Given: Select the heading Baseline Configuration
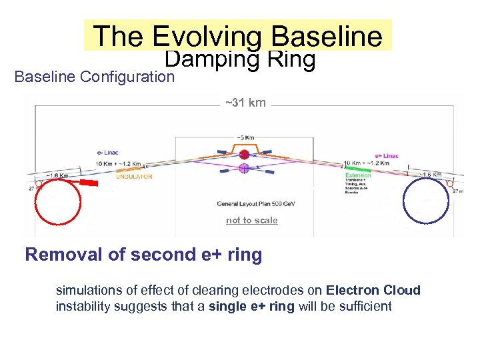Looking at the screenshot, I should tap(94, 77).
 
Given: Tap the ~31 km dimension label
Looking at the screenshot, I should tap(245, 103).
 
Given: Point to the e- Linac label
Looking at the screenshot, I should tap(106, 153).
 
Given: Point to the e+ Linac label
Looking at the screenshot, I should tap(387, 156).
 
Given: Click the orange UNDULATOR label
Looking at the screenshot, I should tap(135, 177).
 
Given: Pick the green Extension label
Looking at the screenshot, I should tap(358, 175).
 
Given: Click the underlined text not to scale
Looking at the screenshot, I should tap(251, 221).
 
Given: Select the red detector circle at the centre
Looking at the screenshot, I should tap(244, 155).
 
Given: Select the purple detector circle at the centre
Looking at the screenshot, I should tap(244, 169).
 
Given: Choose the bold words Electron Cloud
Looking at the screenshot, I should tap(373, 290).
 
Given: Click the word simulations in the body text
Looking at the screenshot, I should tap(87, 290).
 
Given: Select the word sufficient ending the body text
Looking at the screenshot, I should tap(366, 306).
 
